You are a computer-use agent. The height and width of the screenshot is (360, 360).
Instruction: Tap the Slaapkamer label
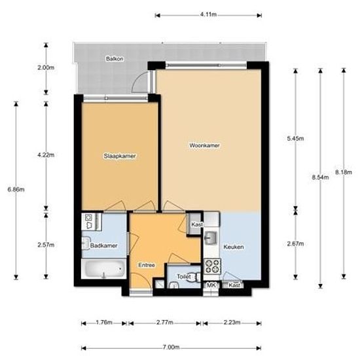coord(119,156)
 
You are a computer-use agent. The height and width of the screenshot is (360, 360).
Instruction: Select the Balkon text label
coord(115,59)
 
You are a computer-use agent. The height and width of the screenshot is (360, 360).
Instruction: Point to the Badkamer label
coord(103,246)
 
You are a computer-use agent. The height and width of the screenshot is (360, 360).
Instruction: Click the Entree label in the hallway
coord(147,265)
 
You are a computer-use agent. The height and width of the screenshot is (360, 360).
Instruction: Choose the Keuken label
coord(234,247)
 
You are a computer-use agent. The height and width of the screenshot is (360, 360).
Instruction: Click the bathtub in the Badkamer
coord(103,269)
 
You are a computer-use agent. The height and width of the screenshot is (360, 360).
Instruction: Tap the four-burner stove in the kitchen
coord(212,266)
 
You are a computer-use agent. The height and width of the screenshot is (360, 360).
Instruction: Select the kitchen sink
coord(211,236)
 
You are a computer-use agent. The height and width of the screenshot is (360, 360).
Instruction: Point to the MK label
coord(211,285)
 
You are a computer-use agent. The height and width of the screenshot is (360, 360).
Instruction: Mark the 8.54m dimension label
coord(319,177)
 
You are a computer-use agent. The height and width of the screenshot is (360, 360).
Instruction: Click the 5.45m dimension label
coord(296,139)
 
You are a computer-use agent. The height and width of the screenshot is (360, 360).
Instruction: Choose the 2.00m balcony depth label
coord(46,67)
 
